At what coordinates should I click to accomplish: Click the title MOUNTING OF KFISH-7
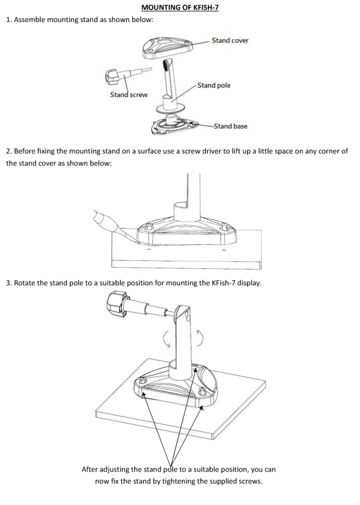[x=180, y=7]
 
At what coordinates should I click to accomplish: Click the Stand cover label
[x=230, y=40]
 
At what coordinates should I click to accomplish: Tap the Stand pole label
[x=214, y=85]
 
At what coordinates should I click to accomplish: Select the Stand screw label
[x=129, y=95]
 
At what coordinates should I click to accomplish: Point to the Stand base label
[x=231, y=126]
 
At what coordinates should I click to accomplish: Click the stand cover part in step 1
[x=167, y=48]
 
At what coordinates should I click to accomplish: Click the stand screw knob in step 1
[x=112, y=77]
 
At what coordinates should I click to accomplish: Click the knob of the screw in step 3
[x=116, y=302]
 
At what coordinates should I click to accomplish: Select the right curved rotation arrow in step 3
[x=200, y=338]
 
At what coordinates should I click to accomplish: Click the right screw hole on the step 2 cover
[x=223, y=228]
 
